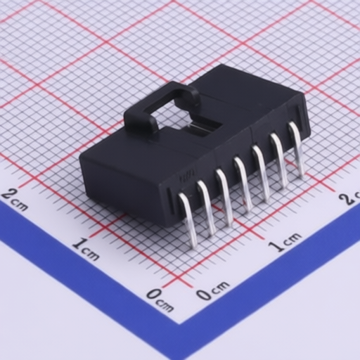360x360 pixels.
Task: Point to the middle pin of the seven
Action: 243,184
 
